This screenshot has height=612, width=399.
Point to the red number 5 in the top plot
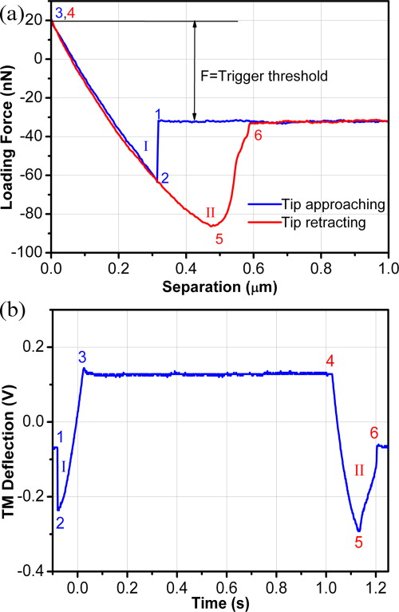pyautogui.click(x=219, y=237)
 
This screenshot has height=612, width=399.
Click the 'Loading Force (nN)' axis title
pyautogui.click(x=10, y=132)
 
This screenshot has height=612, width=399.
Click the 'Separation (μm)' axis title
pyautogui.click(x=219, y=284)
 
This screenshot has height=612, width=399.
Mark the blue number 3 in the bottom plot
pyautogui.click(x=81, y=359)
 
